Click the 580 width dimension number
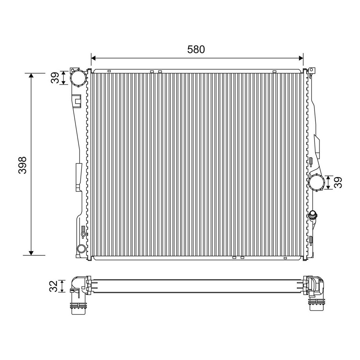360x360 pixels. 196,49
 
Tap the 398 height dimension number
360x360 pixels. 22,165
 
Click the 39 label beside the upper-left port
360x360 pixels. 55,78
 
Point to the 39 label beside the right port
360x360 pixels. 338,182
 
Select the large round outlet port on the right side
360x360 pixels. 317,182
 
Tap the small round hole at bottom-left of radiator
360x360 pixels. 81,249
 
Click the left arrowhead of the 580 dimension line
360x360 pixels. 93,58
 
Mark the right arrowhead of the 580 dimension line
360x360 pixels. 301,58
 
